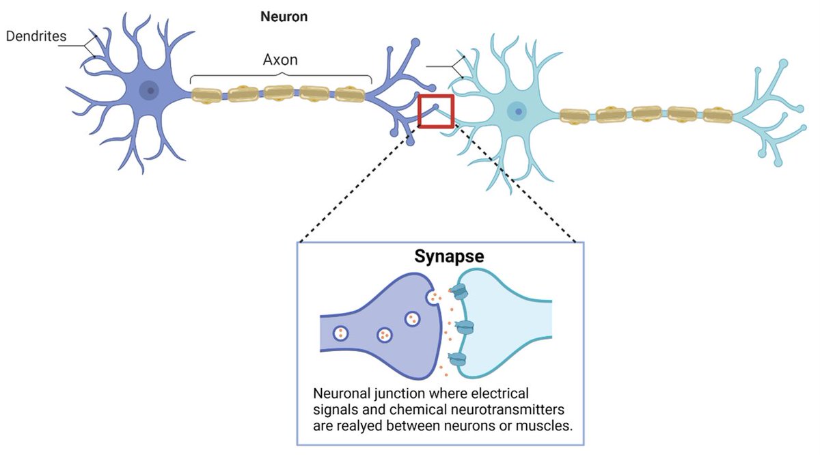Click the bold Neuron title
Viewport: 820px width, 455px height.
pyautogui.click(x=284, y=17)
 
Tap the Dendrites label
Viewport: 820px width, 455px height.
pyautogui.click(x=36, y=36)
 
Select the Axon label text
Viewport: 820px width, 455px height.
pyautogui.click(x=280, y=59)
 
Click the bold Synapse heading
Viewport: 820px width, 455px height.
pyautogui.click(x=449, y=256)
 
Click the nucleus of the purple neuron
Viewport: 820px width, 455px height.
pyautogui.click(x=149, y=90)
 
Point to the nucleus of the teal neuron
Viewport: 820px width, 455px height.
pyautogui.click(x=517, y=111)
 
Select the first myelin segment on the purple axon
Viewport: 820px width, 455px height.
pyautogui.click(x=206, y=95)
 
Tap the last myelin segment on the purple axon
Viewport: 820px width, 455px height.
pyautogui.click(x=350, y=94)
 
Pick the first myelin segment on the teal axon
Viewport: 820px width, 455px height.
pyautogui.click(x=575, y=115)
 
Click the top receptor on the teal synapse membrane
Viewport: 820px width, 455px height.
pyautogui.click(x=459, y=292)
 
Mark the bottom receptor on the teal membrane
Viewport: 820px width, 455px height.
pyautogui.click(x=458, y=359)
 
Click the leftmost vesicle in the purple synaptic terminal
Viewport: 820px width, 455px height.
pyautogui.click(x=340, y=333)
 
